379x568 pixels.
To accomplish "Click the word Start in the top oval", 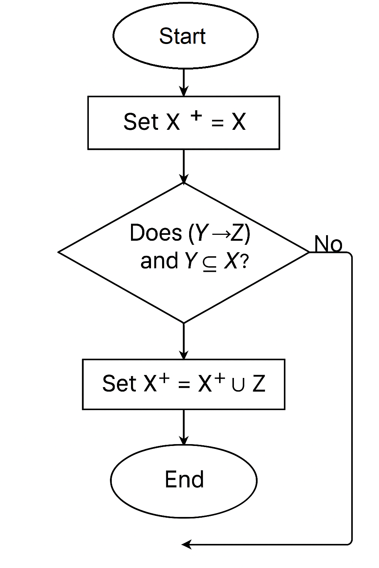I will click(x=182, y=36).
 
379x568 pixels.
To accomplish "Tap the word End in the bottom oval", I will click(x=184, y=480).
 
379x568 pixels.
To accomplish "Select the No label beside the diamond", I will click(x=328, y=244).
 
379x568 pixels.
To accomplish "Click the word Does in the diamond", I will click(x=156, y=233).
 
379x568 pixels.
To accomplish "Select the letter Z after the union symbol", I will click(x=259, y=383).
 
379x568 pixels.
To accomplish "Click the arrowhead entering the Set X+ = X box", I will click(x=184, y=91).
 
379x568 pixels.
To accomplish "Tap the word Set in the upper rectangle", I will click(x=141, y=122).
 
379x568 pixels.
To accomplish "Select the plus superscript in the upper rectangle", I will click(x=196, y=116).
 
